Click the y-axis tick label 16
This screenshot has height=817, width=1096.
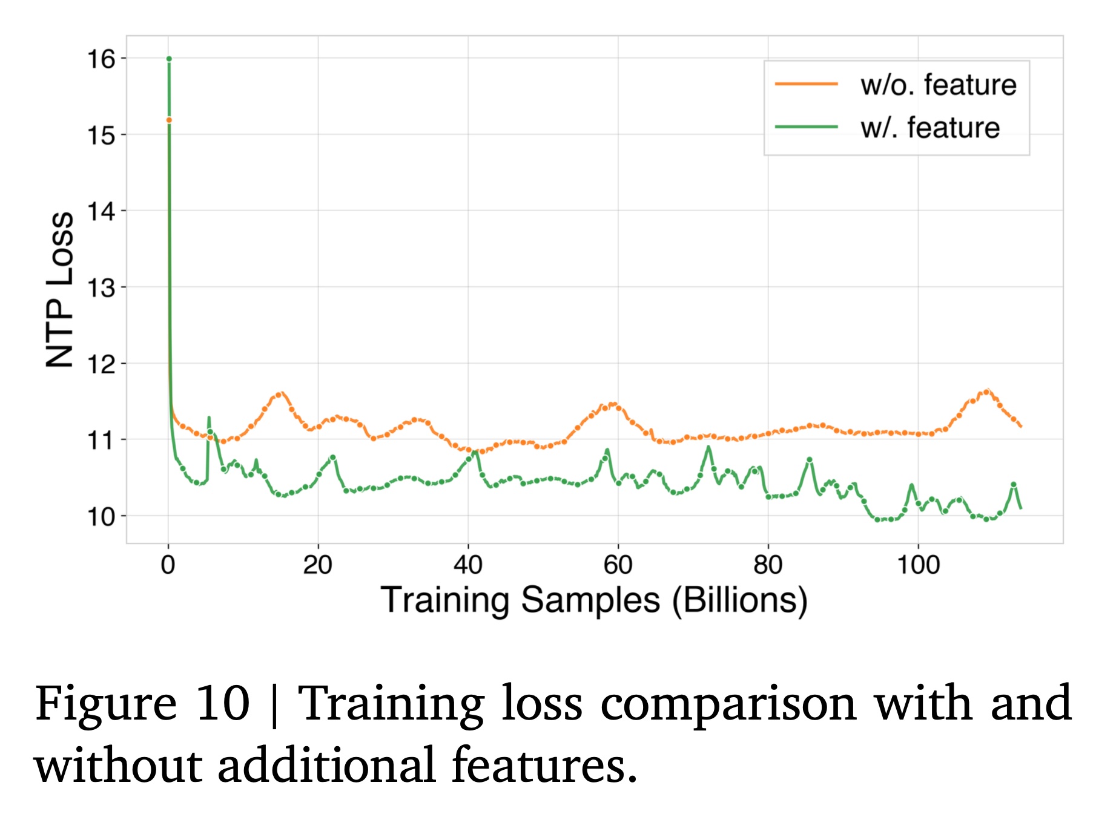click(101, 59)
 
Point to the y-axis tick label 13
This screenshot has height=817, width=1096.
click(101, 288)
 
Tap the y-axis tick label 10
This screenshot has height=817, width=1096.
click(101, 517)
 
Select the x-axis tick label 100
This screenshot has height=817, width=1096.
click(918, 565)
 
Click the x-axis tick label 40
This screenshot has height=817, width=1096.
click(467, 565)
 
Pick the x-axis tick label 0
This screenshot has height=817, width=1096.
click(168, 565)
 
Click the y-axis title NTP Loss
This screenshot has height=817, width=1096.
click(60, 289)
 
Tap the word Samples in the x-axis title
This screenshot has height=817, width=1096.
click(590, 600)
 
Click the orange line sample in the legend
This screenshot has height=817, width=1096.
click(806, 84)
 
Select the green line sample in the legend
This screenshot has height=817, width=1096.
click(806, 127)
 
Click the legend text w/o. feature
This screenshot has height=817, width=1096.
click(938, 85)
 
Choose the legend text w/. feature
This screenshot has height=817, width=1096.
click(929, 128)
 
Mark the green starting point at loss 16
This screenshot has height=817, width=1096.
click(169, 59)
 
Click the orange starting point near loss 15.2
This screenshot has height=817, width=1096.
click(169, 120)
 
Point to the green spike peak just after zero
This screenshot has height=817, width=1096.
click(209, 418)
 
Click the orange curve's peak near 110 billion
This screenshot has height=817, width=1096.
click(987, 391)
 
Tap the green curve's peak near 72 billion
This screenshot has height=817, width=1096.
click(708, 448)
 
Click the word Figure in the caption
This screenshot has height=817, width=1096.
click(106, 704)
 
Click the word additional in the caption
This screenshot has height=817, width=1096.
click(326, 765)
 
